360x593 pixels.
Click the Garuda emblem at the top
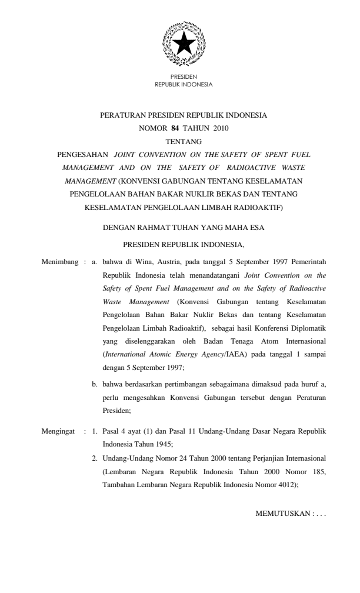tap(184, 42)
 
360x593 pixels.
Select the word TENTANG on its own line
tap(184, 141)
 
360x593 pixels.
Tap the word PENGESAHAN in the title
tap(82, 154)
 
